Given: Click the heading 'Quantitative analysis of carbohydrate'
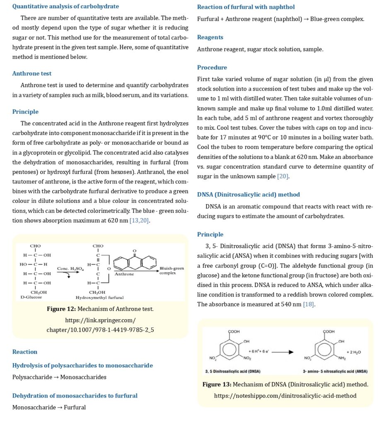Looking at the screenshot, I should tap(65, 7).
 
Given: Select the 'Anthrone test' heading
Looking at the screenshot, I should tap(32, 74).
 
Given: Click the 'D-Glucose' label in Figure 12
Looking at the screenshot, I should tap(31, 297).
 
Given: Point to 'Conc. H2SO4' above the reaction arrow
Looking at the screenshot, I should tap(71, 268).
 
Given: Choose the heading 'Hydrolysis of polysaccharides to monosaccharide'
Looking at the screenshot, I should tap(82, 366).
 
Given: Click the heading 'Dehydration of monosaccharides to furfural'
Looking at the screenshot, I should tap(75, 396).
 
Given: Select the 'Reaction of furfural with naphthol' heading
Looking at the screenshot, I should tap(246, 7).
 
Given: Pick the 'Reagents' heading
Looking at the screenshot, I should tap(210, 37).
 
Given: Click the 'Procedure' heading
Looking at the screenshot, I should tap(212, 67).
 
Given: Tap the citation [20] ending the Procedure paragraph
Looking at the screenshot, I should tap(283, 176).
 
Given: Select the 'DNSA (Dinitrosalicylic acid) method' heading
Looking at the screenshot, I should tap(249, 195).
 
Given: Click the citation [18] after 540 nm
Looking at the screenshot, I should tap(309, 304).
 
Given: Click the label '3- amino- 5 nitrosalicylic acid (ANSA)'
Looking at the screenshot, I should tap(335, 371).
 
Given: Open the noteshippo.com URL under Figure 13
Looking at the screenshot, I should tap(285, 396).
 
